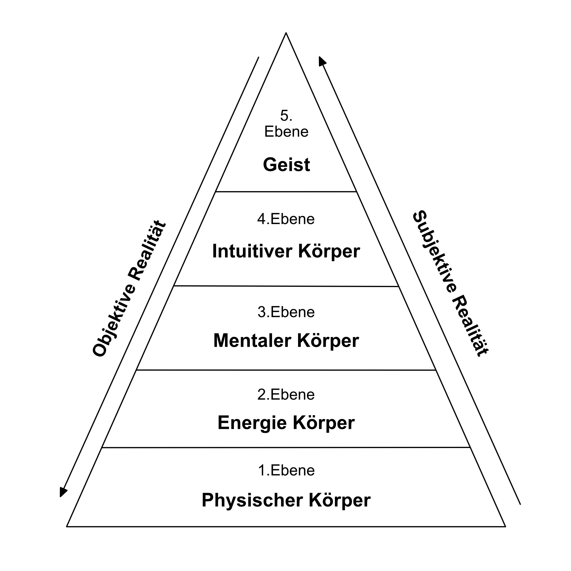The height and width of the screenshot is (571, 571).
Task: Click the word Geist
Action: coord(286,165)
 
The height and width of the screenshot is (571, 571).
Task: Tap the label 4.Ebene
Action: coord(286,219)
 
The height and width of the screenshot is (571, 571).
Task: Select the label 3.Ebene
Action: coord(286,312)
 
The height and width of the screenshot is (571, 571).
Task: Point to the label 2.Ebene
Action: coord(286,395)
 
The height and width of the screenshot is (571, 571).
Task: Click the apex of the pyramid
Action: coord(286,33)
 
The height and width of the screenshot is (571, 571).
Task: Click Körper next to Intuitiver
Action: coord(329,251)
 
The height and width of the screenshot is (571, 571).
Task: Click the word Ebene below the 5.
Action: coord(286,132)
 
